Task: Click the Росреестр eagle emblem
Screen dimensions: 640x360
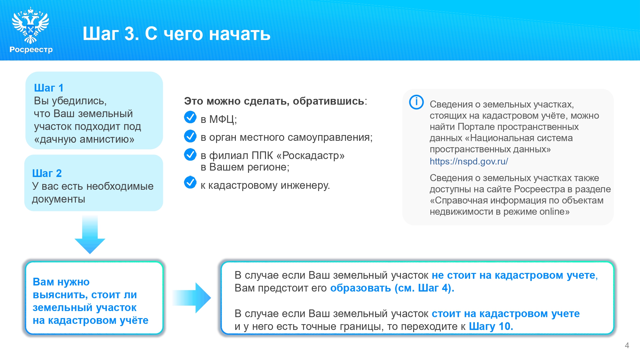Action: [30, 26]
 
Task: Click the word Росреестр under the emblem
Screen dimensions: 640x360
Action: [31, 50]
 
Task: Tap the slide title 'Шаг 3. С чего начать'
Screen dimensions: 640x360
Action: [176, 34]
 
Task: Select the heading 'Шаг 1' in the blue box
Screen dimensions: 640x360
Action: [49, 88]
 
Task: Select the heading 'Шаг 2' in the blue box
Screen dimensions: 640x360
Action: [47, 173]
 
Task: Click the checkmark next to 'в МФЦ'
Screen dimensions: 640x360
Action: [190, 117]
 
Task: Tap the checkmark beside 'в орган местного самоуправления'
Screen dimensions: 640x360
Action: [190, 136]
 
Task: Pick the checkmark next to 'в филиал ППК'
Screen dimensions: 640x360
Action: [190, 154]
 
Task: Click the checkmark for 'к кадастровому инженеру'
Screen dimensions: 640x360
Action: [190, 182]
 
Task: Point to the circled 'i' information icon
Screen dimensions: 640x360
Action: [416, 102]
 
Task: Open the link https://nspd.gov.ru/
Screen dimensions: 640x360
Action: [469, 161]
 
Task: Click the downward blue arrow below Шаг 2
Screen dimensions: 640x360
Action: [90, 235]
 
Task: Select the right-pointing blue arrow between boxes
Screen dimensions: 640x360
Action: [192, 298]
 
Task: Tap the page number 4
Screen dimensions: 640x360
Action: [627, 345]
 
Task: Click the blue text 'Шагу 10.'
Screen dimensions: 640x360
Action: [491, 326]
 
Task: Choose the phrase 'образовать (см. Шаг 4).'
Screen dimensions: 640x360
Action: [392, 288]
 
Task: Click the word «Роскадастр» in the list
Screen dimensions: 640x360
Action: [310, 156]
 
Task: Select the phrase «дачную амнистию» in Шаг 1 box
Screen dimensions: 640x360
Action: [84, 139]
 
